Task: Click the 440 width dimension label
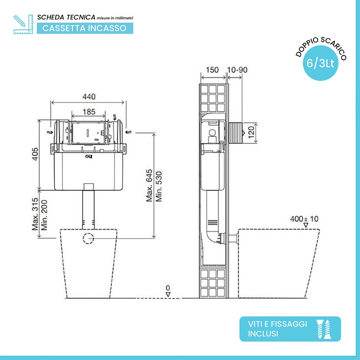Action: point(89,96)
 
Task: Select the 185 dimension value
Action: point(89,112)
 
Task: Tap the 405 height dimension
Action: point(35,154)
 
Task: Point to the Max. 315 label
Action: point(35,214)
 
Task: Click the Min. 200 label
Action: point(44,215)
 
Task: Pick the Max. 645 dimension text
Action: point(149,185)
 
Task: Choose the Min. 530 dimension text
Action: point(159,186)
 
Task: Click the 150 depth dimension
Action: point(212,70)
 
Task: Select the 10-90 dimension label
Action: point(237,70)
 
